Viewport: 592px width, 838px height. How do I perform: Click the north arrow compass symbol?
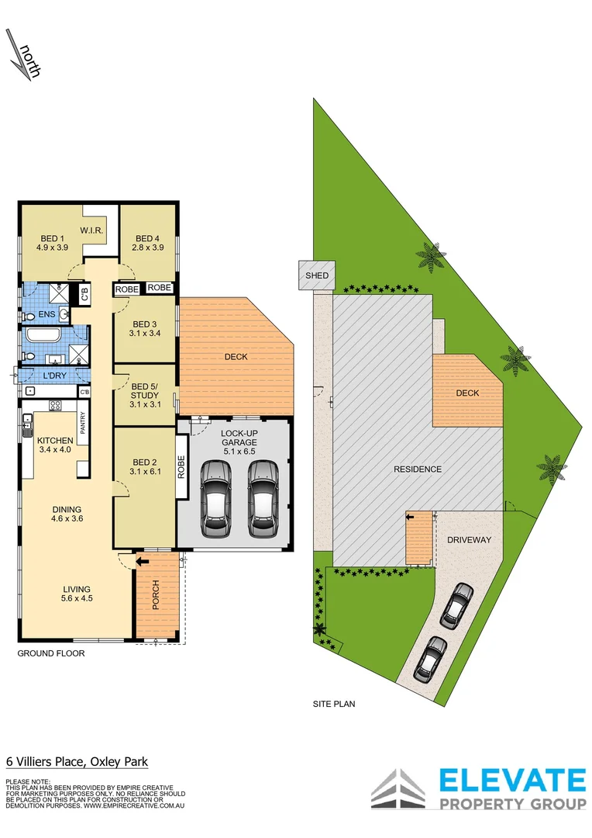pyautogui.click(x=22, y=54)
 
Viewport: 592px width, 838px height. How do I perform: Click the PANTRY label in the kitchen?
pyautogui.click(x=83, y=423)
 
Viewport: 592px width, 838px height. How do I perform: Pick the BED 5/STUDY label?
pyautogui.click(x=144, y=394)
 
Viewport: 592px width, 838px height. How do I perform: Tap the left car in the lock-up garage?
pyautogui.click(x=215, y=500)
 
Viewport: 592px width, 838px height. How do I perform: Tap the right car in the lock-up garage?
pyautogui.click(x=262, y=500)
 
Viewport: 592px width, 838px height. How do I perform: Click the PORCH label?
pyautogui.click(x=156, y=594)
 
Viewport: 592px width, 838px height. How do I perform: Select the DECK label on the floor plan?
pyautogui.click(x=236, y=357)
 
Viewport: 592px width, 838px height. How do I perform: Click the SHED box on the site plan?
pyautogui.click(x=316, y=275)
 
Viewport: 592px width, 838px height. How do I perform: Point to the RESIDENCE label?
pyautogui.click(x=418, y=469)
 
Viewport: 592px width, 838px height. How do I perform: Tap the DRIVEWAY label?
pyautogui.click(x=470, y=540)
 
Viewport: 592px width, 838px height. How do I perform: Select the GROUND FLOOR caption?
pyautogui.click(x=51, y=653)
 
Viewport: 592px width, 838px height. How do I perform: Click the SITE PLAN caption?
pyautogui.click(x=333, y=705)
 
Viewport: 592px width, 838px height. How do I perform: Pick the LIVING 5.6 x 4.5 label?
pyautogui.click(x=77, y=593)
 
